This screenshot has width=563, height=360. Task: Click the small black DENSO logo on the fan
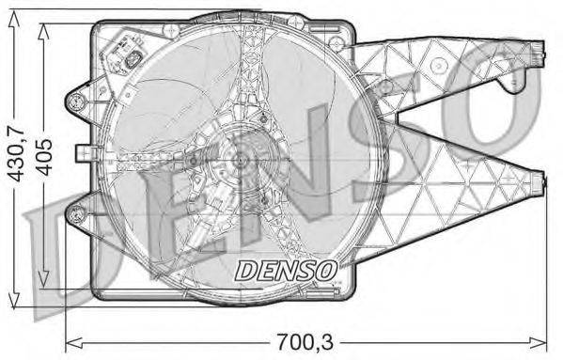(286, 271)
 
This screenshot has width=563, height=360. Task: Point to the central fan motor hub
(237, 163)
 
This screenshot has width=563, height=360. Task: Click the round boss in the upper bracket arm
(438, 66)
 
